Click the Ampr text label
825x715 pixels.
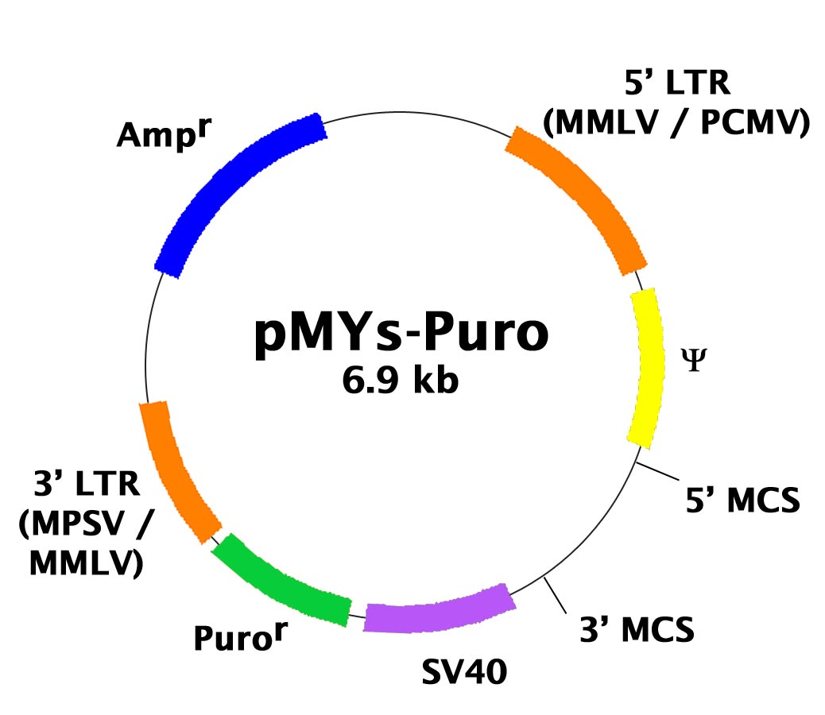164,133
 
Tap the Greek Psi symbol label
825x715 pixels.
694,360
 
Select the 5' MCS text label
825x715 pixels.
742,500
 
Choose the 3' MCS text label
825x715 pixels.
637,629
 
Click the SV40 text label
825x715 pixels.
465,671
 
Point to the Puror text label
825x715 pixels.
241,636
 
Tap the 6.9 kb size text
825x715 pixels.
401,380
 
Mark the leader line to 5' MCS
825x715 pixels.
657,471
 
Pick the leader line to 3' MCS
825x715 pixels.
556,595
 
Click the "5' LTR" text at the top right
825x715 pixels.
677,83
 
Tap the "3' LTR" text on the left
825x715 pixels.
87,483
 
